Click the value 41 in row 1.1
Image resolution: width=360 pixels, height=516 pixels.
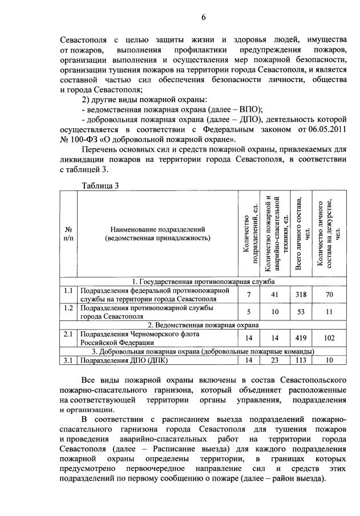point(274,295)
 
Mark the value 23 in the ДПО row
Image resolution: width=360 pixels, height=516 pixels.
point(274,360)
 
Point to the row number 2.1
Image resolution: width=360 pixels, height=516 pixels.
point(68,334)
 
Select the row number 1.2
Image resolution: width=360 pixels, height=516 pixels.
point(68,308)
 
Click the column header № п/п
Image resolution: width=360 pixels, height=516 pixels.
point(68,234)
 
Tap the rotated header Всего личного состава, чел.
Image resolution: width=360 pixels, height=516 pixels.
point(302,234)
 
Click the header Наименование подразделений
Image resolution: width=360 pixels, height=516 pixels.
point(158,230)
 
